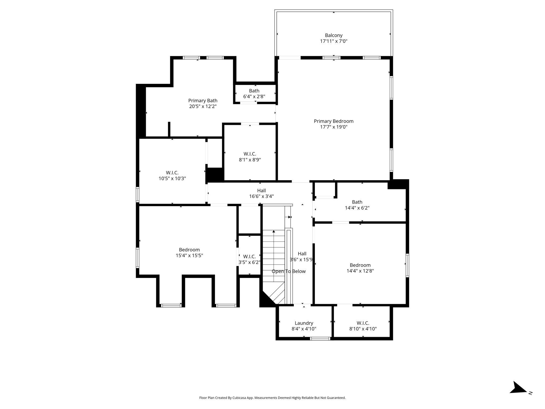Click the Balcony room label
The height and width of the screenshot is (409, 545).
pyautogui.click(x=333, y=35)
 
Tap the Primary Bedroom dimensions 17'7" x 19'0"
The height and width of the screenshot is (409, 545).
pyautogui.click(x=334, y=127)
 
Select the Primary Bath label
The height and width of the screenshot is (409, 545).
pyautogui.click(x=203, y=101)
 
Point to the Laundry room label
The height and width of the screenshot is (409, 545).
pyautogui.click(x=304, y=323)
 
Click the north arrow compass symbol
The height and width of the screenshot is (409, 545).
pyautogui.click(x=518, y=395)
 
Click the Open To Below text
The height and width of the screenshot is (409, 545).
pyautogui.click(x=289, y=271)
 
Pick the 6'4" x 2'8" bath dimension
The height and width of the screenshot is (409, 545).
pyautogui.click(x=254, y=96)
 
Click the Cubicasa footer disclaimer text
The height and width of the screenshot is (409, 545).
pyautogui.click(x=272, y=398)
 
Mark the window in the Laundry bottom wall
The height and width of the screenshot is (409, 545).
pyautogui.click(x=320, y=339)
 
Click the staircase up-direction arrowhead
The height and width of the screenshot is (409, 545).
pyautogui.click(x=274, y=231)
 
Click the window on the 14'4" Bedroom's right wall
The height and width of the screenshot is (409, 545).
pyautogui.click(x=407, y=265)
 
